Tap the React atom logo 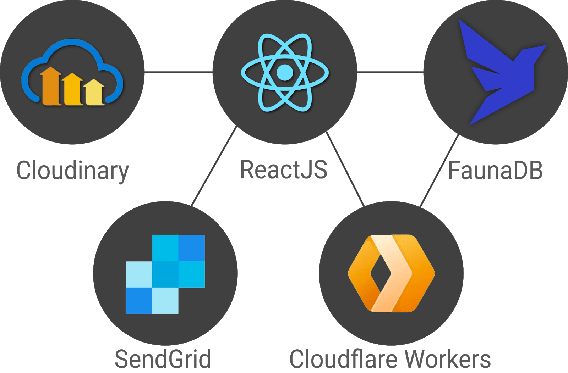[285, 72]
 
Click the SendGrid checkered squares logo [165, 274]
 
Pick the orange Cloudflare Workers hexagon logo [391, 273]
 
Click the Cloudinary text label [72, 171]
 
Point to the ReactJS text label [284, 169]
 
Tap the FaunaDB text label [495, 170]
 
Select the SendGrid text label [163, 359]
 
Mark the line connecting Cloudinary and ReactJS [178, 72]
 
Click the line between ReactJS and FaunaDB [390, 72]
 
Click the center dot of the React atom [285, 73]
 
